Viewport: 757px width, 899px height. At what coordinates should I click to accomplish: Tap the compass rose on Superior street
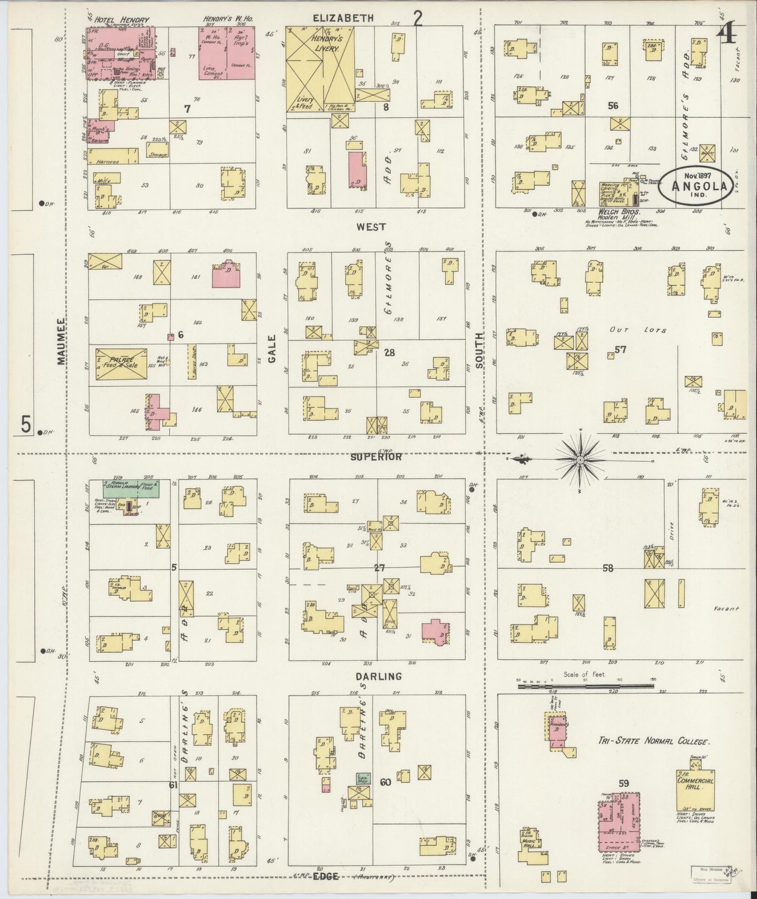tap(580, 460)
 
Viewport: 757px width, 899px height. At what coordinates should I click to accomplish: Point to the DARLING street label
tap(378, 676)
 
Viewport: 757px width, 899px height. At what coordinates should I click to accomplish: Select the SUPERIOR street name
tap(376, 457)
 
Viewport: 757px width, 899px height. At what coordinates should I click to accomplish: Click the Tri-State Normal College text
tap(653, 742)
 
